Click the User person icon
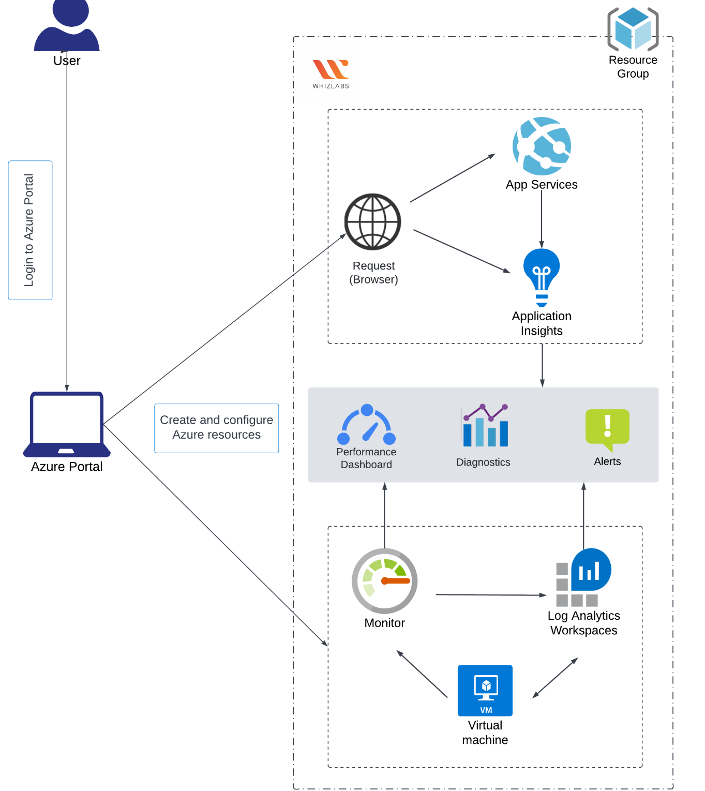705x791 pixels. [67, 26]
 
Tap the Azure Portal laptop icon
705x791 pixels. [67, 424]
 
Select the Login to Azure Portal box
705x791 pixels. [30, 230]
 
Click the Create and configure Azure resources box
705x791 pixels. [216, 428]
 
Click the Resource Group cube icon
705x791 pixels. [633, 29]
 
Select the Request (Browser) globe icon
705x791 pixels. [372, 222]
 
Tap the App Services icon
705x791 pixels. [542, 146]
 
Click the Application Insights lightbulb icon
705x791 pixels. [542, 277]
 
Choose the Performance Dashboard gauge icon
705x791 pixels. [366, 425]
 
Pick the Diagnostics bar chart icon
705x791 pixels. [485, 426]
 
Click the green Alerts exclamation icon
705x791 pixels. [607, 429]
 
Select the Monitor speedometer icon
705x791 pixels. [384, 581]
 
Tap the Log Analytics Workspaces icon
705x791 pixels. [583, 577]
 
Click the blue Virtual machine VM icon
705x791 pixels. [485, 690]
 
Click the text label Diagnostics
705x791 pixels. [483, 462]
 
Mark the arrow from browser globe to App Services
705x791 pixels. [453, 178]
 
